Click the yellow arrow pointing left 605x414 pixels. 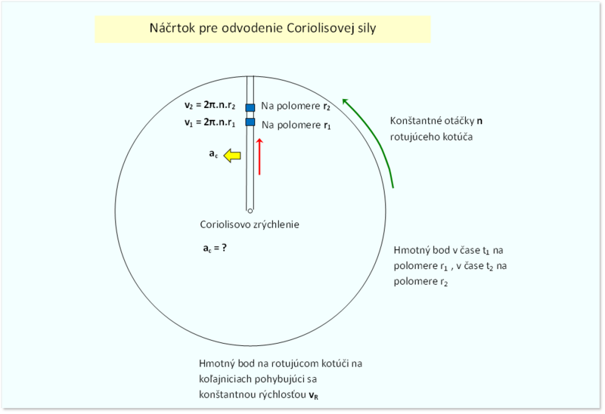coord(232,156)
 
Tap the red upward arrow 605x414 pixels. coord(259,156)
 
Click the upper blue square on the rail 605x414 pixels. coord(250,107)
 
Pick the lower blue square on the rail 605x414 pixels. coord(250,122)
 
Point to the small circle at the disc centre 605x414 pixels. coord(250,211)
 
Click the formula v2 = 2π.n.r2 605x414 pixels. coord(209,105)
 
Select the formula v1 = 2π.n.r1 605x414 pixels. coord(209,122)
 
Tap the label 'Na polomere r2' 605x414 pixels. coord(296,106)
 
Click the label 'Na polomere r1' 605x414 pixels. coord(296,125)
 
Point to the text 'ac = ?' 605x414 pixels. coord(215,248)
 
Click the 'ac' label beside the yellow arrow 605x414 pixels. coord(213,154)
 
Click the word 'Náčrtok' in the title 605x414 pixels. coord(172,28)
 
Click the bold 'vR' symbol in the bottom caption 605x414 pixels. coord(314,395)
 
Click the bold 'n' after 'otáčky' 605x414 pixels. coord(479,121)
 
